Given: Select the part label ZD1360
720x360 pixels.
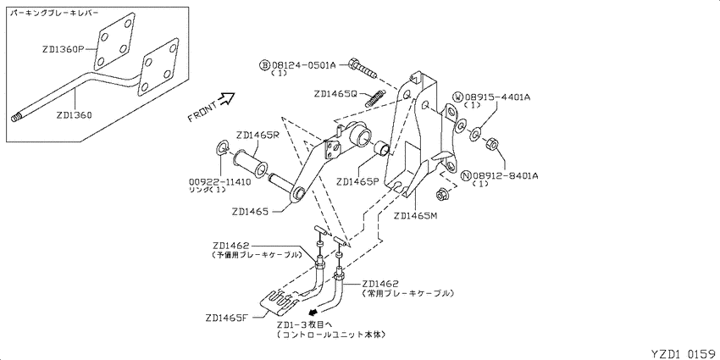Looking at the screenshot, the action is (74, 115).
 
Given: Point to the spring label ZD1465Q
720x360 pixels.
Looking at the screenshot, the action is (335, 94).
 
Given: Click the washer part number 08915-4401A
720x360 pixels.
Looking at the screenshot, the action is (498, 97).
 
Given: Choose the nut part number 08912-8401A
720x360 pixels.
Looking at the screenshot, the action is (505, 175).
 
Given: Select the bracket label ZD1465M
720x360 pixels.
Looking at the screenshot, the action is (415, 215).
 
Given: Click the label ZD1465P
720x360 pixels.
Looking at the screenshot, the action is (357, 181).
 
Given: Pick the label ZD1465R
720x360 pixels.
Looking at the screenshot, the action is (258, 136).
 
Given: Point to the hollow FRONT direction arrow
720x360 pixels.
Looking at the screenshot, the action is (228, 98).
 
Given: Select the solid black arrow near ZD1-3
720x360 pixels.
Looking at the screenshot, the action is (315, 313).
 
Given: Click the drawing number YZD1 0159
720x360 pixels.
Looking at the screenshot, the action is (684, 353).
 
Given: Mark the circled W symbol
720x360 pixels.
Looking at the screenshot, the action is (458, 97).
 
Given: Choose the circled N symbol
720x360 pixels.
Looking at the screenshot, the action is (466, 175).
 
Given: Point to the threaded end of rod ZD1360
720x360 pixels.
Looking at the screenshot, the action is (16, 118).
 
